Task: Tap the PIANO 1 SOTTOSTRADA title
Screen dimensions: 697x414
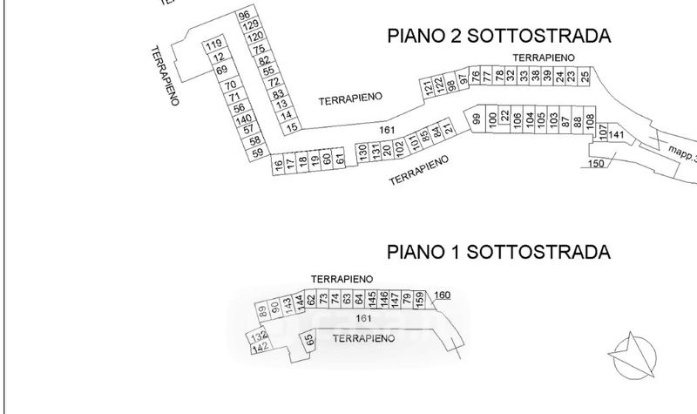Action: pos(498,252)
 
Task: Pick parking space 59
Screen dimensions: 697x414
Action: pos(256,153)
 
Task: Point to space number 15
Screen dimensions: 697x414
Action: pos(293,127)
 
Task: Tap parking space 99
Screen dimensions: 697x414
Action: pos(477,119)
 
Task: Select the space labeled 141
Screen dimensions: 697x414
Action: pos(616,134)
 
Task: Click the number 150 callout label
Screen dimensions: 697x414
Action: pos(596,163)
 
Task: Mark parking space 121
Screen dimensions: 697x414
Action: pos(429,87)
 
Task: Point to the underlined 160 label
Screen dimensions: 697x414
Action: pos(442,295)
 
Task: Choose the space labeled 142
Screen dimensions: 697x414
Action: pos(258,348)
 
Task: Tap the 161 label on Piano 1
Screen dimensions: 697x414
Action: pos(351,319)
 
